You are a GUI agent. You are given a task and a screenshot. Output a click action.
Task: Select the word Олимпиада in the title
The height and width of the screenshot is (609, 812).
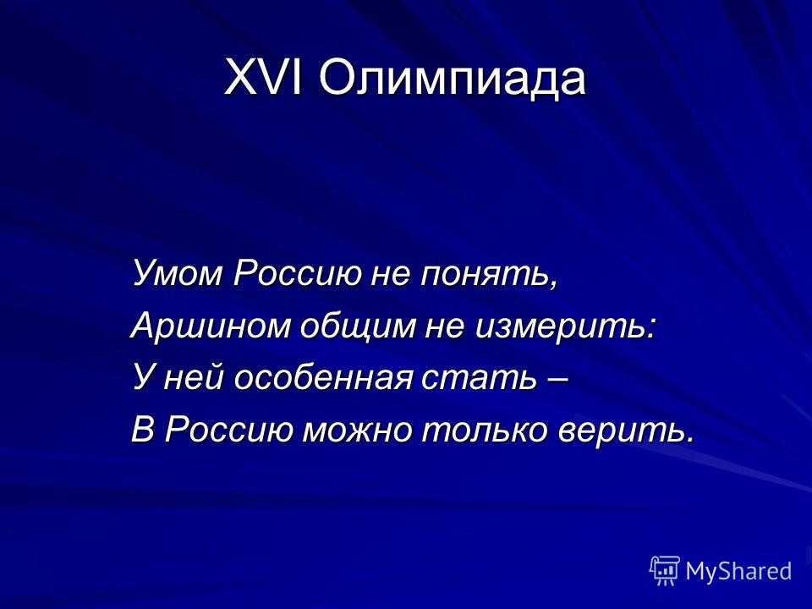coord(453,80)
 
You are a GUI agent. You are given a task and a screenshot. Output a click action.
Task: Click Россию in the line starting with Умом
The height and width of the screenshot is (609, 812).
coord(297,273)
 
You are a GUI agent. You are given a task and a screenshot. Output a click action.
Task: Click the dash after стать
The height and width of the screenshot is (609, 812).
coord(557,381)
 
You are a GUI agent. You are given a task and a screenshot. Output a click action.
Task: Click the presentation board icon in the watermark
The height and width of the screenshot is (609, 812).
coord(665,570)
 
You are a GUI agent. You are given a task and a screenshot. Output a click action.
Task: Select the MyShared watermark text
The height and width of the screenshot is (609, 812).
coord(738,571)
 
